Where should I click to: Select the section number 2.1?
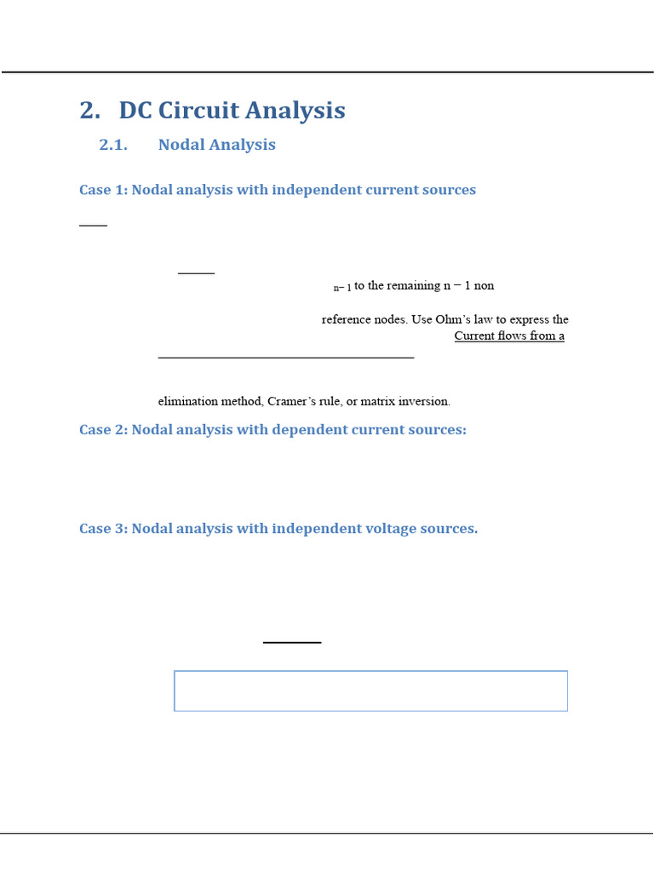coord(113,145)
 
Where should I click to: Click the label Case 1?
coord(103,190)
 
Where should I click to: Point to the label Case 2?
coord(103,430)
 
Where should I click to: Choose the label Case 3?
coord(103,529)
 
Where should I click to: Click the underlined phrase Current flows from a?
coord(509,336)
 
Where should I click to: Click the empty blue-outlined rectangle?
coord(370,691)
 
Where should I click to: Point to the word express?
coord(528,320)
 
